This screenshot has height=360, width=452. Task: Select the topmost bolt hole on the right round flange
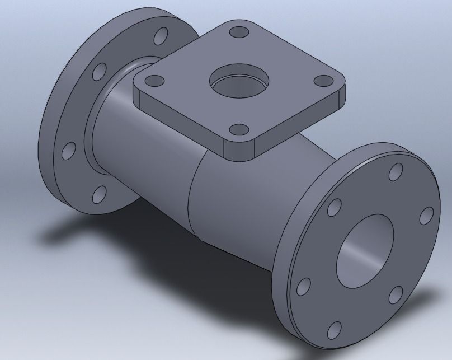tap(396, 171)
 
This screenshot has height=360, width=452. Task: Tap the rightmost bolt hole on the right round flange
tap(426, 215)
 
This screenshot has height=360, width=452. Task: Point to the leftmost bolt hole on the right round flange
tap(303, 286)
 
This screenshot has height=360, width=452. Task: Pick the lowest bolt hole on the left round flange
tap(99, 194)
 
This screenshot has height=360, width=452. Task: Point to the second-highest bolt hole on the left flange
tap(100, 71)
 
